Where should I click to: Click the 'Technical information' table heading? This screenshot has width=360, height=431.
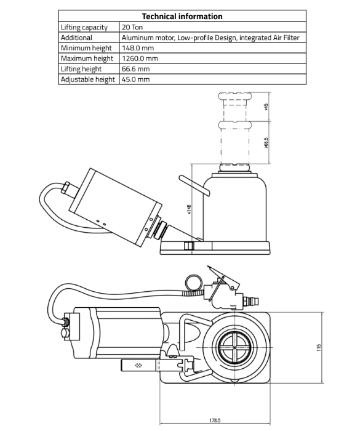[x=182, y=16]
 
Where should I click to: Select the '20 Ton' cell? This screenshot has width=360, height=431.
[x=132, y=27]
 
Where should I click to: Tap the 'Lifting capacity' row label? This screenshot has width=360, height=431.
[x=84, y=28]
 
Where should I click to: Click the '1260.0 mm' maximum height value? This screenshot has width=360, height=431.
[x=140, y=58]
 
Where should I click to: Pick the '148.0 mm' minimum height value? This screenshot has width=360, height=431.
[x=138, y=48]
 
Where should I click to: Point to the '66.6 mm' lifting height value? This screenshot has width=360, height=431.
[x=136, y=69]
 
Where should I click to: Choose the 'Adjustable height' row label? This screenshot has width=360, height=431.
[x=88, y=79]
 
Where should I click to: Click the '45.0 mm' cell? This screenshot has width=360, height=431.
[x=136, y=79]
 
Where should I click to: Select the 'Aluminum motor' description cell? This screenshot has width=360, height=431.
[x=210, y=38]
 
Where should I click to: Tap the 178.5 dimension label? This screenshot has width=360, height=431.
[x=215, y=421]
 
